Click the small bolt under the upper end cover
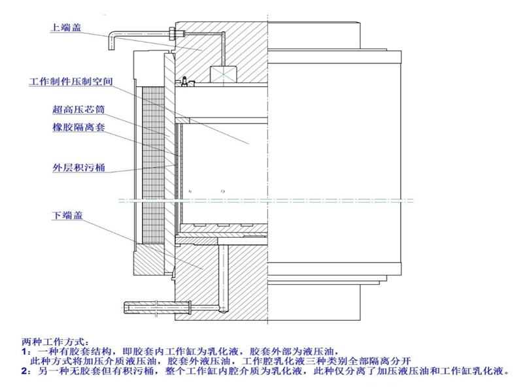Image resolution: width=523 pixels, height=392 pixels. tap(185, 82)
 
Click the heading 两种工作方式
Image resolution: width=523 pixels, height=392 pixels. tap(54, 342)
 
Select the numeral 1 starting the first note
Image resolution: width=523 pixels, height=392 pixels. tap(24, 351)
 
